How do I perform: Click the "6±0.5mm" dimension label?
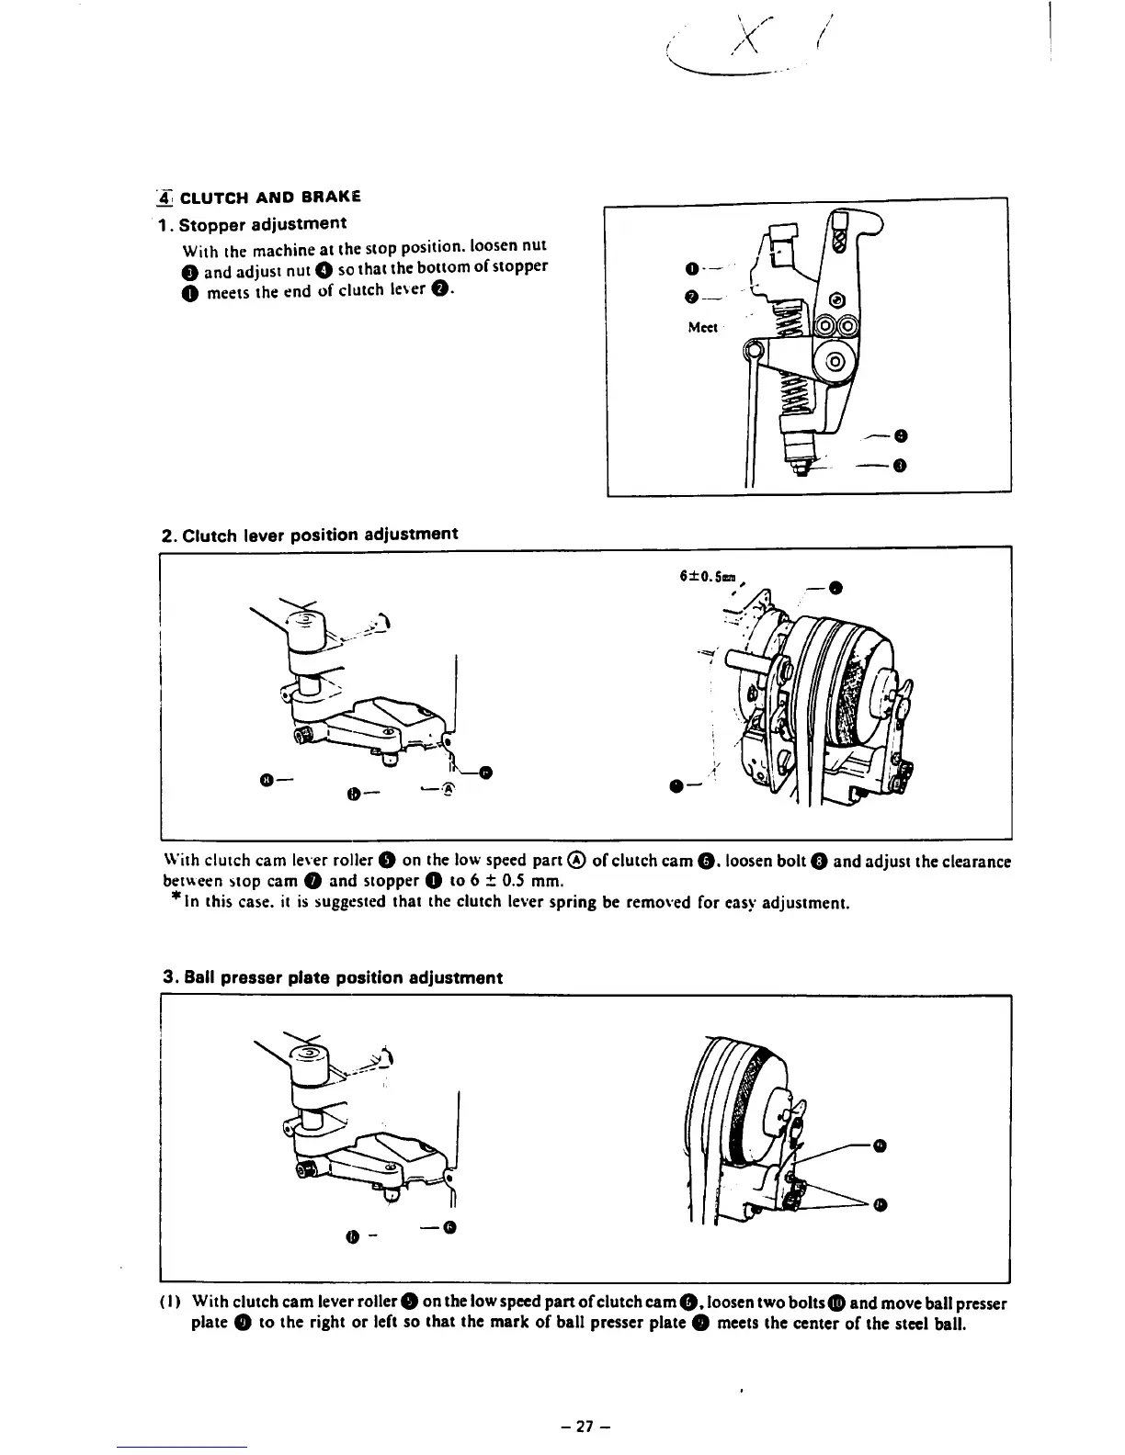point(706,577)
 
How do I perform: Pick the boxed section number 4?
point(164,196)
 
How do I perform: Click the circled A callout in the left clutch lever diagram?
point(448,787)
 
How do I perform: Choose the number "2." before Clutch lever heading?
point(169,535)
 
